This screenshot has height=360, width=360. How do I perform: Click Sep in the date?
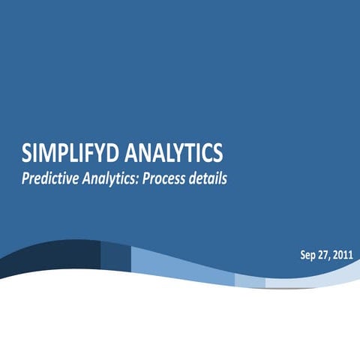point(307,255)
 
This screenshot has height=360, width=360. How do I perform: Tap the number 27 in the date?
point(323,255)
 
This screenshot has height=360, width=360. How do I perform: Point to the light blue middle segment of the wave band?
point(180,264)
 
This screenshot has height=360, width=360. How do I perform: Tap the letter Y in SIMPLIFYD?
point(99,153)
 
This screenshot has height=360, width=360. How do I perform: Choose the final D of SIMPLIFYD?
point(112,153)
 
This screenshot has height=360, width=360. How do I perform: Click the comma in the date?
point(331,258)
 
